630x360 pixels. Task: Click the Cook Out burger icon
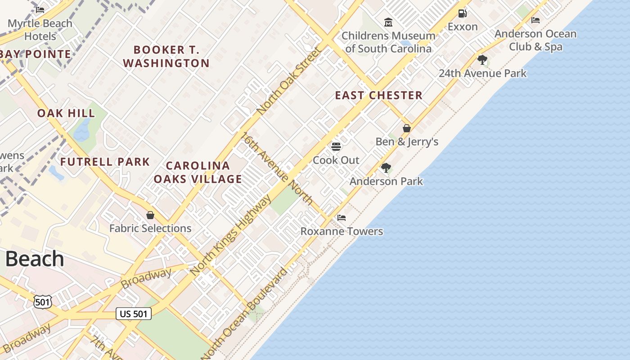[336, 147]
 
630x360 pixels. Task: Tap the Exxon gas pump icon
[462, 13]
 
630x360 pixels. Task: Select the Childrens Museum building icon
[388, 22]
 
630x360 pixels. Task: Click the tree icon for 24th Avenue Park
[482, 60]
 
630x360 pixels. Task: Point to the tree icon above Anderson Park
[386, 168]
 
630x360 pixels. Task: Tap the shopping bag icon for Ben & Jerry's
[407, 128]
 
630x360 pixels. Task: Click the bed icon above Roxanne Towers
[342, 218]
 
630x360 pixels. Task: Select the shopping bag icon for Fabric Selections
[150, 215]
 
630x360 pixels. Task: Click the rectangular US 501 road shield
[134, 314]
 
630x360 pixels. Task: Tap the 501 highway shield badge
[43, 302]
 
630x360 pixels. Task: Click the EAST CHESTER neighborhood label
[378, 95]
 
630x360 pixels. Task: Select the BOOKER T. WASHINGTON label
[166, 56]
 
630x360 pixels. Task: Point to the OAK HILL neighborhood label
[66, 113]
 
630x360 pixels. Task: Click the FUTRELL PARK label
[105, 162]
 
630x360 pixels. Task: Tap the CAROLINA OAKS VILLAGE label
[198, 172]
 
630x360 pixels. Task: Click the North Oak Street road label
[289, 81]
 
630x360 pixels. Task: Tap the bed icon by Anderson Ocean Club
[535, 20]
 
